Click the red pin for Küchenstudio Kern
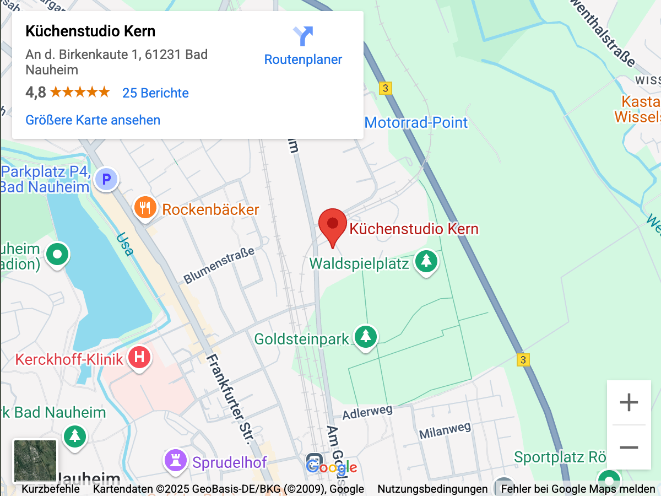tap(333, 225)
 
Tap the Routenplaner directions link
tap(303, 46)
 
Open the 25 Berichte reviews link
tap(155, 93)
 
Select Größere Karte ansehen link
tap(93, 120)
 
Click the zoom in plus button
tap(629, 403)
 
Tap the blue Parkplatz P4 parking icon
tap(106, 179)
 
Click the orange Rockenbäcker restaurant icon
tap(144, 209)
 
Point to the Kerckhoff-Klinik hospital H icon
tap(139, 358)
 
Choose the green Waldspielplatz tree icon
tap(426, 261)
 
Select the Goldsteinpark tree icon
tap(365, 336)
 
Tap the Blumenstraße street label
tap(219, 265)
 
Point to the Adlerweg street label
tap(367, 412)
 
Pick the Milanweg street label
tap(445, 430)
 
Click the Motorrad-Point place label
tap(416, 122)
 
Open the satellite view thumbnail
tap(35, 461)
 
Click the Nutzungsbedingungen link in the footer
tap(432, 489)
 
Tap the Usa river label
tap(124, 244)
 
